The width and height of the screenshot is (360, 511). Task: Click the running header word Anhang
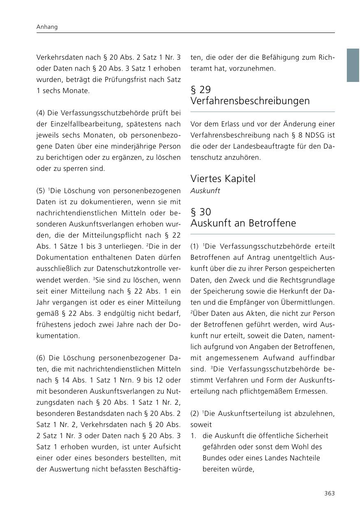tap(47, 27)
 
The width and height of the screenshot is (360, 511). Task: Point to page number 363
tap(329, 493)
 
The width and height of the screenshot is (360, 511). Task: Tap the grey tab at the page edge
tap(353, 65)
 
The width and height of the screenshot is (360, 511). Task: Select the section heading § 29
tap(201, 89)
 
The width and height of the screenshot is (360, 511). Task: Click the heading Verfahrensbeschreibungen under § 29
tap(250, 101)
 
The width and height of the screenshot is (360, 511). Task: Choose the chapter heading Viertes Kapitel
tap(223, 179)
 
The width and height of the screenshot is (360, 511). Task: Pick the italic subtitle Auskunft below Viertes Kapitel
tap(205, 191)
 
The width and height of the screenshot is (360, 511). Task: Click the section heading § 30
tap(201, 212)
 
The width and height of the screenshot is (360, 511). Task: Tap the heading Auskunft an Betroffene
tap(243, 223)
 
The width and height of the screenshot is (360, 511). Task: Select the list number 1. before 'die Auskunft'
tap(194, 436)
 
